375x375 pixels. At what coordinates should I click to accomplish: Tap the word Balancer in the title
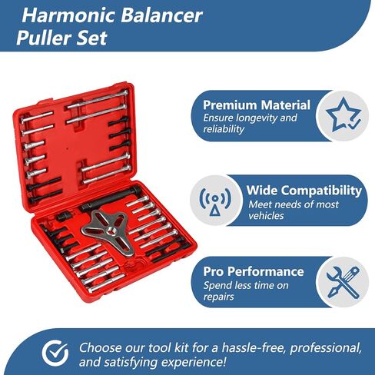(x=161, y=15)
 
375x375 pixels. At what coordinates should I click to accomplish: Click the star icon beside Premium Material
(x=343, y=115)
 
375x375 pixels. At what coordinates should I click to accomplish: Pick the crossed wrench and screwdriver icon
(x=343, y=282)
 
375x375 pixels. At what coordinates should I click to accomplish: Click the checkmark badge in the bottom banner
(x=55, y=353)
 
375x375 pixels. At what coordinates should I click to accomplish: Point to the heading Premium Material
(x=257, y=105)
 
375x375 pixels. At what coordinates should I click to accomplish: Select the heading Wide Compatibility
(x=304, y=191)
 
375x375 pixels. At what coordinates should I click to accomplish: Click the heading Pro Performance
(x=254, y=271)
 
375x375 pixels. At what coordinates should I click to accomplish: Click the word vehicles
(x=266, y=216)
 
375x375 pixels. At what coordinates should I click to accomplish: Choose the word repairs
(x=219, y=297)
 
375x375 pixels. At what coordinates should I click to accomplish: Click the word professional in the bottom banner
(x=326, y=348)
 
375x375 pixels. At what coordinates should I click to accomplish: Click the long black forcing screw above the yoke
(x=110, y=199)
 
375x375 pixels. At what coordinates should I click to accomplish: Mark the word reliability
(x=224, y=129)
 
